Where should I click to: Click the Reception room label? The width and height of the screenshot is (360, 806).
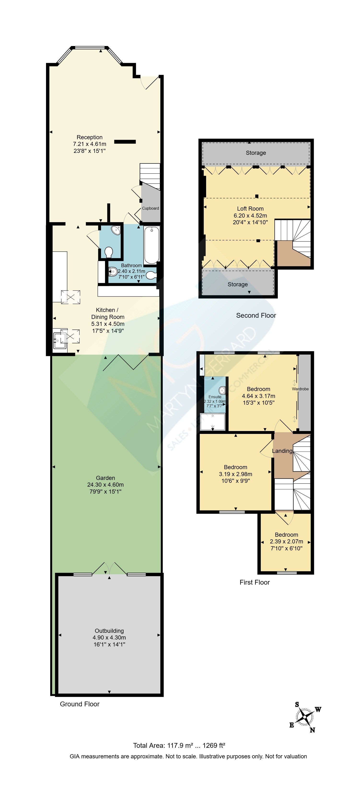tap(90, 137)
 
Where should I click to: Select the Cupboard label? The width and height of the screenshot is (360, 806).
tap(151, 208)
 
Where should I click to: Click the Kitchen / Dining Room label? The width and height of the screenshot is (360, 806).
tap(108, 313)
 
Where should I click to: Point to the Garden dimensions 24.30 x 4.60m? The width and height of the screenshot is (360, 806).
tap(105, 485)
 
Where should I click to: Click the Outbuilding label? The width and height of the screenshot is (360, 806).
tap(109, 631)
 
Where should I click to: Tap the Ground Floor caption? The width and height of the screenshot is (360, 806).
tap(80, 704)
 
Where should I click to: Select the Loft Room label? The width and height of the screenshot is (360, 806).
tap(250, 209)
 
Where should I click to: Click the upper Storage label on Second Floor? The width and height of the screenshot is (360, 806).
tap(256, 153)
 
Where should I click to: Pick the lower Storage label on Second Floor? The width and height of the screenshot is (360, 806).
tap(238, 284)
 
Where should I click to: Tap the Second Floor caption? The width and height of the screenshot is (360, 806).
tap(256, 315)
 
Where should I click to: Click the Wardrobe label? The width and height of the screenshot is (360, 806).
tap(300, 389)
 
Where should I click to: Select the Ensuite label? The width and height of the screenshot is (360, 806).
tap(215, 397)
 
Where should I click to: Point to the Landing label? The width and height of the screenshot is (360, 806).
tap(282, 451)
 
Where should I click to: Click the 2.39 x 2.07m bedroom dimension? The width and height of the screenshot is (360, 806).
tap(286, 541)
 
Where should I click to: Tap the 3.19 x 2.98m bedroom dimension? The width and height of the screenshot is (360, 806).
tap(235, 474)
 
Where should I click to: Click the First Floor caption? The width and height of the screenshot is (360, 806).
tap(255, 582)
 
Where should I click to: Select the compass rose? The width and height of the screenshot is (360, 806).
tap(305, 717)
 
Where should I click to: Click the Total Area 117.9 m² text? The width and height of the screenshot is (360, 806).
tap(163, 745)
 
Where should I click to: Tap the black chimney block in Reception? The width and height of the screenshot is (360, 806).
tap(125, 142)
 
